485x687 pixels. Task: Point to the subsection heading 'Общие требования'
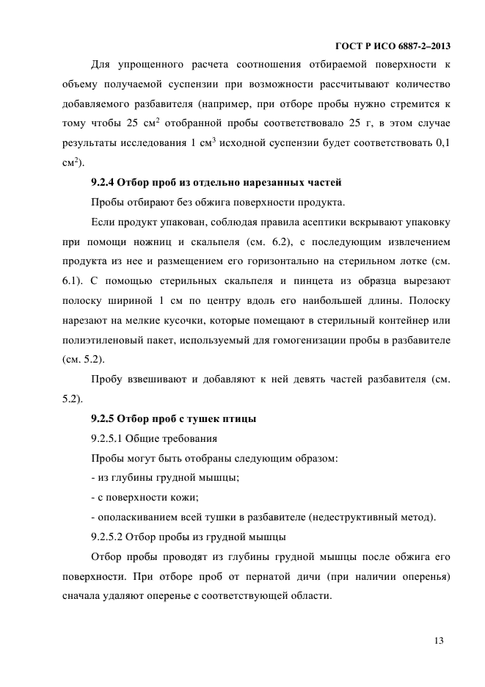pos(172,439)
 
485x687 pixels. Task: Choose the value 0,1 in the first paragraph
pos(441,142)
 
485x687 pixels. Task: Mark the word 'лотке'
pos(412,261)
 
